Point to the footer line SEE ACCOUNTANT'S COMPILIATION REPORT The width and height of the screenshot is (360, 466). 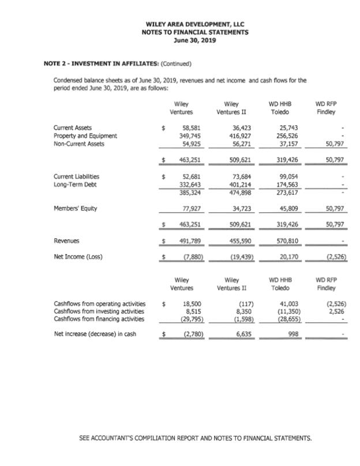[195, 438]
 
